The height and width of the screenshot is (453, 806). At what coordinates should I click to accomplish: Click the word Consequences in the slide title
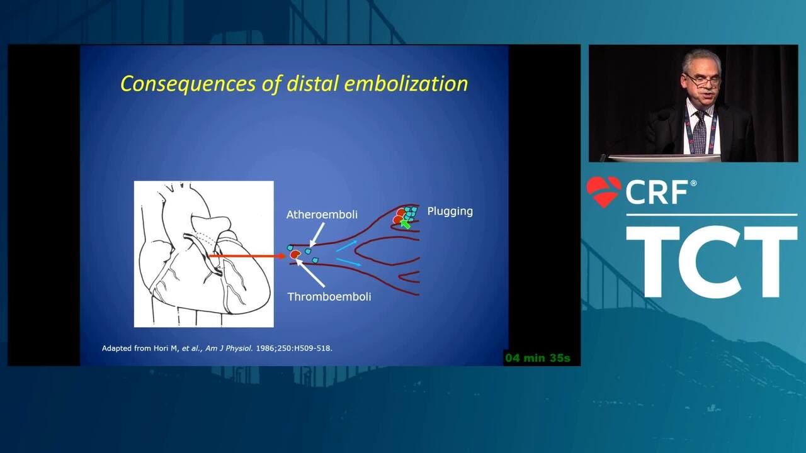[188, 84]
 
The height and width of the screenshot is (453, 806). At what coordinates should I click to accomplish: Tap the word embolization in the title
[406, 83]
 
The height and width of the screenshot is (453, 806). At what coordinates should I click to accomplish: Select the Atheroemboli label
[322, 215]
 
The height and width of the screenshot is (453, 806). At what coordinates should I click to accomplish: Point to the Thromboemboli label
[329, 296]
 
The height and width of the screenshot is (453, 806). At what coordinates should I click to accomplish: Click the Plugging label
[450, 211]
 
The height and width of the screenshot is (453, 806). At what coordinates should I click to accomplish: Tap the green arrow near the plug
[406, 225]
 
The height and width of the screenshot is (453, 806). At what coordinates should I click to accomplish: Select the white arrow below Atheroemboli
[317, 235]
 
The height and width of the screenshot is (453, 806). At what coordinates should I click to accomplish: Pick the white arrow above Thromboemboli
[310, 273]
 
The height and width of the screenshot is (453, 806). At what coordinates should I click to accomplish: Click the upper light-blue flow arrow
[346, 246]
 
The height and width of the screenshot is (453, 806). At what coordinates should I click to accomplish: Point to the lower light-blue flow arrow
[348, 262]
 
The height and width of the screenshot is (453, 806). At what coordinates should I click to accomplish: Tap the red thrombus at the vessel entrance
[295, 255]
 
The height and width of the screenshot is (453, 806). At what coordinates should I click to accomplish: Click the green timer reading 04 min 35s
[538, 358]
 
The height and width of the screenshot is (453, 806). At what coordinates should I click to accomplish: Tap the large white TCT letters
[712, 262]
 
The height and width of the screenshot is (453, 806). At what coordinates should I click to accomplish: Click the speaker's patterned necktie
[700, 132]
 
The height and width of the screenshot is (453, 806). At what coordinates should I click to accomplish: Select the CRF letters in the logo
[657, 193]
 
